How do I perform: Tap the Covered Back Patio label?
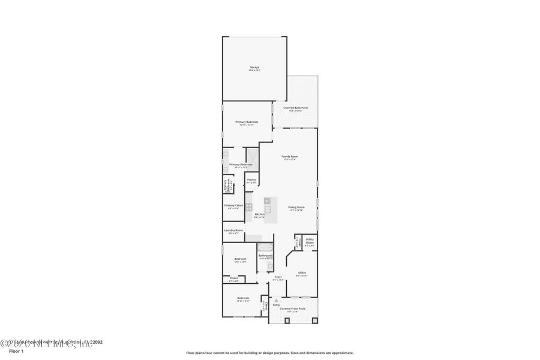click(x=299, y=108)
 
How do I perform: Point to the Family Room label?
click(x=290, y=157)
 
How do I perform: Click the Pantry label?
click(x=251, y=179)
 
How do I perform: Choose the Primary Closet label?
click(x=234, y=205)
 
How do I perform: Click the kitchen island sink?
click(x=268, y=209)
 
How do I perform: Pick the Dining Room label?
click(x=296, y=208)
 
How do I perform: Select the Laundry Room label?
click(x=233, y=230)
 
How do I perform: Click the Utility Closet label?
click(x=310, y=242)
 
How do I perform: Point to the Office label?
click(x=302, y=272)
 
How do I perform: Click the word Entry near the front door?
click(x=276, y=305)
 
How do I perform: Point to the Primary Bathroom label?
click(x=241, y=164)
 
